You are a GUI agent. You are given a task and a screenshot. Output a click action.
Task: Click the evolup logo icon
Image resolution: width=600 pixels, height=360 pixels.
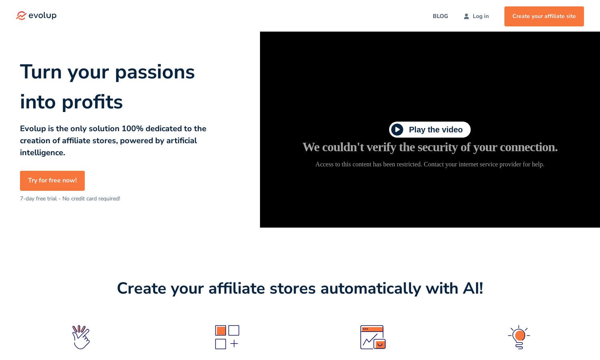coord(21,16)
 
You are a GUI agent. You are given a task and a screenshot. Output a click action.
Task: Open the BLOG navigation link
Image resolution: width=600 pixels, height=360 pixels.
coord(440,16)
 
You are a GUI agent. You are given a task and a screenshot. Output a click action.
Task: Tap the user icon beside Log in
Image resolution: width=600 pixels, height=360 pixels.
coord(466,16)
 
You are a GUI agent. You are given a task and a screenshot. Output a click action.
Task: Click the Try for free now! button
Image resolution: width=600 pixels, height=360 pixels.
coord(52,180)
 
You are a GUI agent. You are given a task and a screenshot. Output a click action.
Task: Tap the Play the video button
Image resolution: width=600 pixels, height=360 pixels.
coord(430,130)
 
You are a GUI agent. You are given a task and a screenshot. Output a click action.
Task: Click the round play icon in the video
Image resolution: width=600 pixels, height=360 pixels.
coord(397,130)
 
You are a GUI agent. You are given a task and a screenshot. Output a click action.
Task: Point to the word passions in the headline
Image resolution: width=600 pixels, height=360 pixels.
coord(155,72)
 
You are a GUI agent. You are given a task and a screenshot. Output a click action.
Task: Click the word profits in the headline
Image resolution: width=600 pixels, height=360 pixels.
coord(92,102)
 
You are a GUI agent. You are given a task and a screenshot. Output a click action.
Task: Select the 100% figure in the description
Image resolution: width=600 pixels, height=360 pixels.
coord(132,128)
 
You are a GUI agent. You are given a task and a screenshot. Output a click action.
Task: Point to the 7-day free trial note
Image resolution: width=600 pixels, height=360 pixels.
coord(70,199)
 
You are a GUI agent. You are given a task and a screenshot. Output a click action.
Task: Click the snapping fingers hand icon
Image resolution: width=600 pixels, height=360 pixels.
coord(81,337)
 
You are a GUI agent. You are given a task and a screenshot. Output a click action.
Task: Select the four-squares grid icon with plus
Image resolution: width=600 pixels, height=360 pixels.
coord(227,337)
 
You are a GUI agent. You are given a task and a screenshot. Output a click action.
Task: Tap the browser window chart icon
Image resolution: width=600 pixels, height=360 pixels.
coord(373,337)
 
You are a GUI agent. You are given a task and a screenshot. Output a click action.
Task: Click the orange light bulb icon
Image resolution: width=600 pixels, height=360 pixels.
coord(519,337)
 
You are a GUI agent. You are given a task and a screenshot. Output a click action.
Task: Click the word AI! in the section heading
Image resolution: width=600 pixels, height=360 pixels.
coord(473,289)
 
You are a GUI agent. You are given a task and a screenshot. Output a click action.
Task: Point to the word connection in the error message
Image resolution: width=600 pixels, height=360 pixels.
coord(528,147)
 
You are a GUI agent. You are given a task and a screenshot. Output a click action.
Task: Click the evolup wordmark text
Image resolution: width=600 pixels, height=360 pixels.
coord(42,16)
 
